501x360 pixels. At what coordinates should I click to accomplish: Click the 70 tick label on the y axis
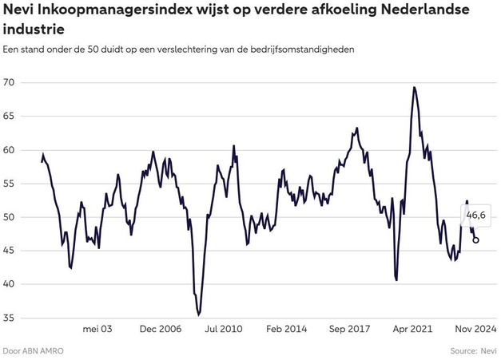[11, 83]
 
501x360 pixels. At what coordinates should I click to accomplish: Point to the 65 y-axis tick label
[11, 117]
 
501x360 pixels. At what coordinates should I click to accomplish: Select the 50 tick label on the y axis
[11, 217]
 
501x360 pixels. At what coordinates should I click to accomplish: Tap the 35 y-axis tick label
[11, 318]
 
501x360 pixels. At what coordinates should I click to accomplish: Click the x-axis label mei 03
[97, 328]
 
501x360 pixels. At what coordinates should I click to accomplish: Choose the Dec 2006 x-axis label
[160, 328]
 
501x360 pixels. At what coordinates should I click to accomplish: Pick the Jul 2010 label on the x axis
[223, 328]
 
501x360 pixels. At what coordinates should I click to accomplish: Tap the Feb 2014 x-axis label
[285, 328]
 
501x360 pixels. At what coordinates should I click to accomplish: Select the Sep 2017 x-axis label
[348, 328]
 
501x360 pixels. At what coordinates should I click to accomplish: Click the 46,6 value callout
[476, 216]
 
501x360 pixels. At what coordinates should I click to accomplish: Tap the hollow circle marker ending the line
[476, 239]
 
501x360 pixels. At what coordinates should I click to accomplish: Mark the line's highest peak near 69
[414, 88]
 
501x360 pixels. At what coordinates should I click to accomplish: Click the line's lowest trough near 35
[199, 315]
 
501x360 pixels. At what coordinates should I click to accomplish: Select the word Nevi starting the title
[22, 11]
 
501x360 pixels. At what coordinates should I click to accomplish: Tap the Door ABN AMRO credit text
[33, 350]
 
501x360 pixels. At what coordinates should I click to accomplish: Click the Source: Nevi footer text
[473, 350]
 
